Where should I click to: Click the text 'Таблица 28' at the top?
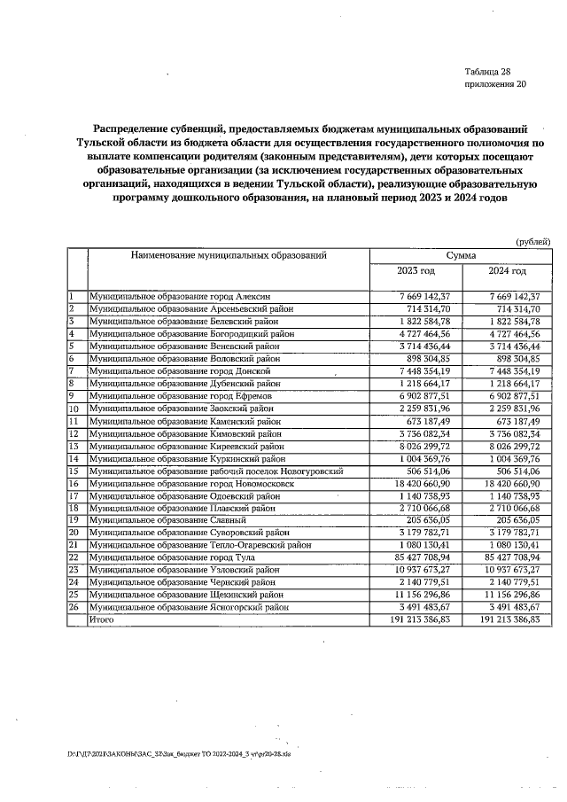coord(487,72)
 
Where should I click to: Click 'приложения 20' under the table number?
coord(494,85)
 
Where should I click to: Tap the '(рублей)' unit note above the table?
coord(532,240)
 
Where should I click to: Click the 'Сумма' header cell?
coord(461,255)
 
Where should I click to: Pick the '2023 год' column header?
coord(415,271)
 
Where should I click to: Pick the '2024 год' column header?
coord(508,271)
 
